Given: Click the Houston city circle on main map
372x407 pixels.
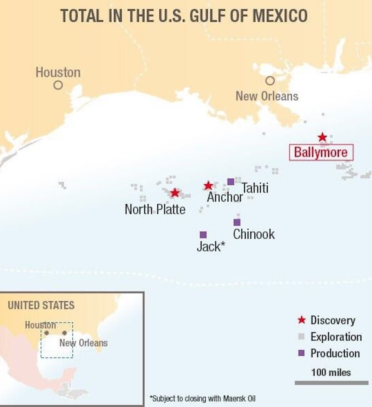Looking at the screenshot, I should [58, 85].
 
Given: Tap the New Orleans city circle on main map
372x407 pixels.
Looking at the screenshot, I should [270, 81].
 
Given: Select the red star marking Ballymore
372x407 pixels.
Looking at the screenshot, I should [322, 137].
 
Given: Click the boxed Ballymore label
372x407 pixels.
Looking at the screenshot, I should [321, 152].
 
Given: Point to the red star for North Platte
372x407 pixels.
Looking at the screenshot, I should [175, 192].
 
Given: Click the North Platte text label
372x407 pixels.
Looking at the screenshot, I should [155, 209].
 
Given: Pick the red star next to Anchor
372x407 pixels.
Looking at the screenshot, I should [208, 185].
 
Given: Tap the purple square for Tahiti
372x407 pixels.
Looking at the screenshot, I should [231, 182].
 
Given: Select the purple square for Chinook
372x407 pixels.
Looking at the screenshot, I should [237, 222].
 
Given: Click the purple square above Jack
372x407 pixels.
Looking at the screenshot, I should [203, 235].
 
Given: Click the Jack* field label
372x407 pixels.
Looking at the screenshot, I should [211, 246].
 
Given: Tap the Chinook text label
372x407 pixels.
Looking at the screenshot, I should [254, 234].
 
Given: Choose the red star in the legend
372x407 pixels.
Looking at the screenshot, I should [301, 320].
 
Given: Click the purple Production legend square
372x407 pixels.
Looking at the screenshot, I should [301, 353].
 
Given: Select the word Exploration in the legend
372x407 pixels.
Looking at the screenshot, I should [336, 337].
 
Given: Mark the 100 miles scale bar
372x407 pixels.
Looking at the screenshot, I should [331, 383].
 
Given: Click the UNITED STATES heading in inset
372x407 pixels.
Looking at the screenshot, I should [41, 305].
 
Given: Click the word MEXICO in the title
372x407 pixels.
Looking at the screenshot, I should [280, 15].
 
